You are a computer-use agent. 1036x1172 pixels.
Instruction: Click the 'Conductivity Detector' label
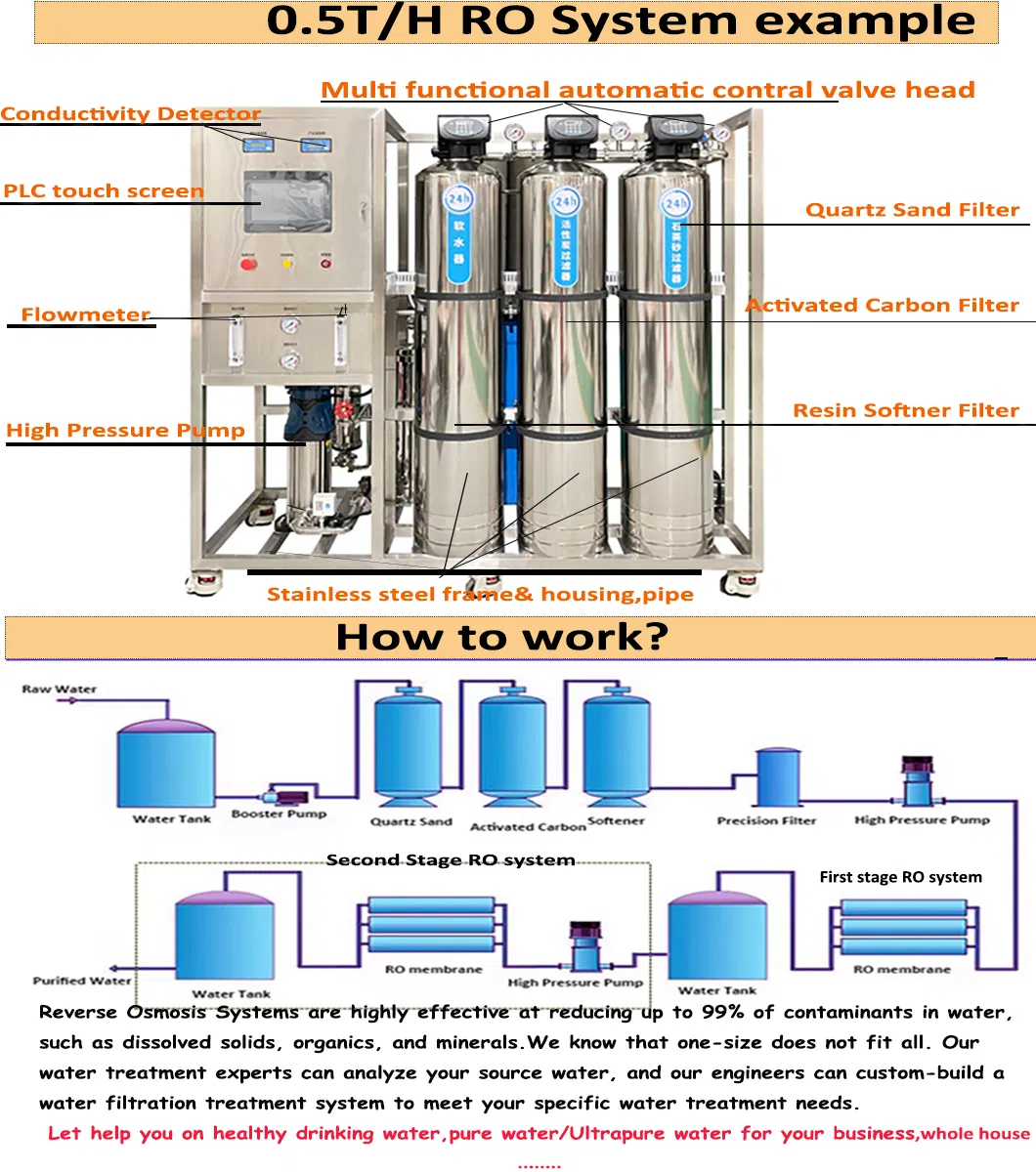click(130, 114)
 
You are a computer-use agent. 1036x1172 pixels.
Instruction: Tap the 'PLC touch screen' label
click(104, 190)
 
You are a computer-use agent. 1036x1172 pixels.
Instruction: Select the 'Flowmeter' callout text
click(86, 314)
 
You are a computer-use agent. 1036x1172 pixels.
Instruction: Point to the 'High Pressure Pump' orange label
click(125, 431)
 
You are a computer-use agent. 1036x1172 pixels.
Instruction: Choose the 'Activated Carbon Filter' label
click(882, 306)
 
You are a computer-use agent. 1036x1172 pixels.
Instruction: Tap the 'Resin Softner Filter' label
click(905, 411)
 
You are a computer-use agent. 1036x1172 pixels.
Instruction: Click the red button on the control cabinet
click(248, 262)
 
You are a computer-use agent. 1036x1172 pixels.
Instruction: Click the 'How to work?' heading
click(501, 638)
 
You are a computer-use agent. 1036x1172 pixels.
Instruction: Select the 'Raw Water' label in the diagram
click(60, 690)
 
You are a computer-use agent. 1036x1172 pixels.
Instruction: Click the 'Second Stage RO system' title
click(451, 860)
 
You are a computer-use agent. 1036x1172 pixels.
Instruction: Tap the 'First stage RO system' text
click(900, 877)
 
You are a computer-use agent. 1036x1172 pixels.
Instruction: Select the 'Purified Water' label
click(82, 981)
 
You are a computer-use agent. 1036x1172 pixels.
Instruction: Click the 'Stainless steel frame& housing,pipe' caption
click(480, 595)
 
